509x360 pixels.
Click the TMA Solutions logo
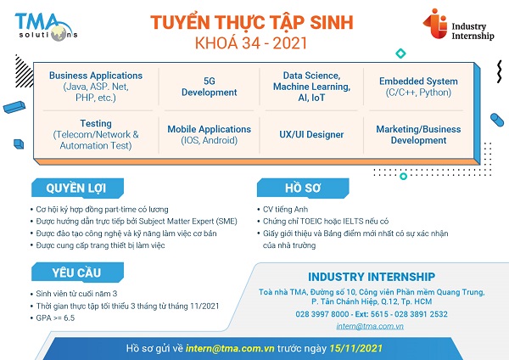tap(46, 27)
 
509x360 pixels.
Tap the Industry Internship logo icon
tap(436, 24)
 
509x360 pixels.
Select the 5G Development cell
tap(209, 87)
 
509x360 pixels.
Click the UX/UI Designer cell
tap(311, 134)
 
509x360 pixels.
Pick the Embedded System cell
tap(418, 87)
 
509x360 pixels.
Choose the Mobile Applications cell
tap(209, 134)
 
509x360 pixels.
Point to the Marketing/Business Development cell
tap(418, 134)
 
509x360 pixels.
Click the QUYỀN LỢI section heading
tap(77, 188)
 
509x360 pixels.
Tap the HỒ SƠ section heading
tap(303, 188)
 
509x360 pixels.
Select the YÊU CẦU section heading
tap(77, 273)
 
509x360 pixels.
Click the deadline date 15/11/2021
tap(355, 348)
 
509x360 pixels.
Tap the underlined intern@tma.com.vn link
tap(370, 326)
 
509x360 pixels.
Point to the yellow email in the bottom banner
tap(230, 348)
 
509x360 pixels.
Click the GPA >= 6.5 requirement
tap(55, 318)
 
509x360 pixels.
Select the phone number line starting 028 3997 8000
tap(372, 314)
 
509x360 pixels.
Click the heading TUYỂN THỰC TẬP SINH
tap(252, 23)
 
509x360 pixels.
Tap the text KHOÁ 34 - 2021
tap(251, 43)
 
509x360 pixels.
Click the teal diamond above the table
tap(401, 53)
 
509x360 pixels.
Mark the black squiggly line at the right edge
tap(500, 71)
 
